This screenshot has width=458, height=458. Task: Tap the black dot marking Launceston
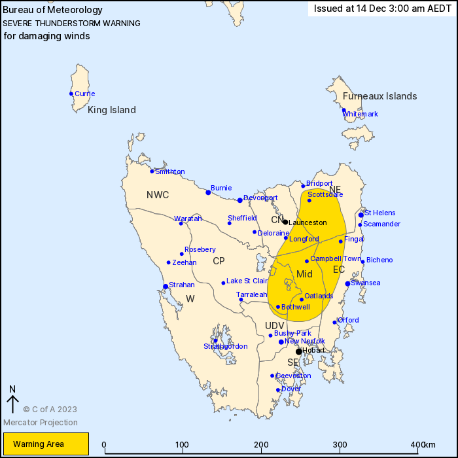(x=285, y=222)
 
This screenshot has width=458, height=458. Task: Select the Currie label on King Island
(x=84, y=94)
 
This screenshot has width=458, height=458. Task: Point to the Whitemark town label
(x=361, y=114)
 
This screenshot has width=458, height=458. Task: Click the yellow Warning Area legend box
(x=46, y=444)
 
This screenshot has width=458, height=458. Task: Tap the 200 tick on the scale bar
(x=262, y=446)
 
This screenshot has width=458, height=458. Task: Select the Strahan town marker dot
(x=166, y=286)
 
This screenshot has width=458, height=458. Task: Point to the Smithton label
(x=169, y=171)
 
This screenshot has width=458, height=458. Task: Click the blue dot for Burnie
(x=208, y=192)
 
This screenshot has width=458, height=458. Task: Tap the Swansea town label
(x=366, y=283)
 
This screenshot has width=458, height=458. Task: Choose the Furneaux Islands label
(x=379, y=96)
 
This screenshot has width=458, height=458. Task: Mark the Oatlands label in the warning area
(x=319, y=296)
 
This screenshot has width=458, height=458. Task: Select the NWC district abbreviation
(x=158, y=194)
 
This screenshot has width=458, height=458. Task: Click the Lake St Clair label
(x=248, y=281)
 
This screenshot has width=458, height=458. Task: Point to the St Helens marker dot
(x=361, y=215)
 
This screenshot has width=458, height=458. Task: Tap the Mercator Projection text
(x=40, y=423)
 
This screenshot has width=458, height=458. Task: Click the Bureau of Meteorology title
(x=53, y=10)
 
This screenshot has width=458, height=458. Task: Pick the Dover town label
(x=291, y=389)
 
